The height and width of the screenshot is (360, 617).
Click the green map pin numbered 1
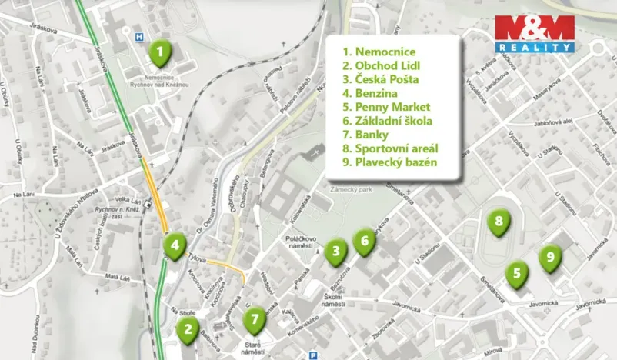(x=159, y=55)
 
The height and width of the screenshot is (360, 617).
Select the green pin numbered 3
(x=335, y=252)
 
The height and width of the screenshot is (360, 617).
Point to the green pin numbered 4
(x=175, y=247)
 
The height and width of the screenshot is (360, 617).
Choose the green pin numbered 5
(x=517, y=273)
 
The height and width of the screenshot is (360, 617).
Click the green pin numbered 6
(x=364, y=242)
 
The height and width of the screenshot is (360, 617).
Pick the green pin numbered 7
(x=255, y=317)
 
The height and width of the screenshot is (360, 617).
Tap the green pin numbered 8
(x=499, y=223)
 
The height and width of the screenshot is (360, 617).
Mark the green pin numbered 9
(x=550, y=258)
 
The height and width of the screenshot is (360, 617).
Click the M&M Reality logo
(x=535, y=33)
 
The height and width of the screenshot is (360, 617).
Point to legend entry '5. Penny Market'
(x=386, y=107)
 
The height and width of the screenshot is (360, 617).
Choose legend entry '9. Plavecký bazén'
(x=390, y=162)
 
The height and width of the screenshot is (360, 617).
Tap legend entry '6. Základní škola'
(x=388, y=121)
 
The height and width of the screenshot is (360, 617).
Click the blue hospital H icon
(x=139, y=35)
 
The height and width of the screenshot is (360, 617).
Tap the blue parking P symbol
(x=313, y=355)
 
